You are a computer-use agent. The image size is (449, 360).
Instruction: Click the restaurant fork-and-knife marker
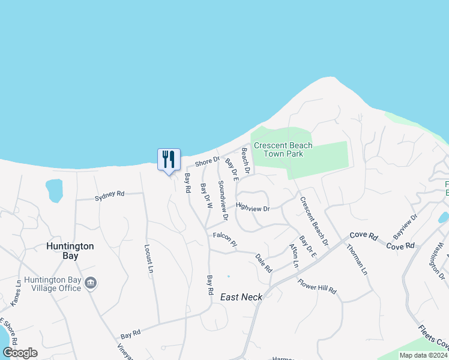click(168, 160)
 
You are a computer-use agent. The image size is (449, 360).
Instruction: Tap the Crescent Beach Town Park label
click(283, 149)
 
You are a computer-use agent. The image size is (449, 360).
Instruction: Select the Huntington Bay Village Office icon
click(91, 283)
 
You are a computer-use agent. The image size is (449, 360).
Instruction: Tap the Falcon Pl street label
click(225, 238)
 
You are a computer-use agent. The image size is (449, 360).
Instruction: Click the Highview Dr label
click(253, 208)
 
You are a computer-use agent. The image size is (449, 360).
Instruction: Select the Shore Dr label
click(208, 162)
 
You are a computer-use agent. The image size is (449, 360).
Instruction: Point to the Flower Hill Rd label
click(317, 287)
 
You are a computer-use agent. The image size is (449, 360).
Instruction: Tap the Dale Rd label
click(264, 261)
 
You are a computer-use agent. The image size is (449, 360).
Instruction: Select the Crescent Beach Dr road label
click(314, 221)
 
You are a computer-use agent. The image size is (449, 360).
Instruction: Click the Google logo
click(20, 352)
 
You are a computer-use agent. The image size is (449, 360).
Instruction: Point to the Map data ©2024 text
click(423, 355)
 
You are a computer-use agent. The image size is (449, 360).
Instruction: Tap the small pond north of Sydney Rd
click(54, 190)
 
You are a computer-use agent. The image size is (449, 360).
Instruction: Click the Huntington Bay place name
click(71, 251)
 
